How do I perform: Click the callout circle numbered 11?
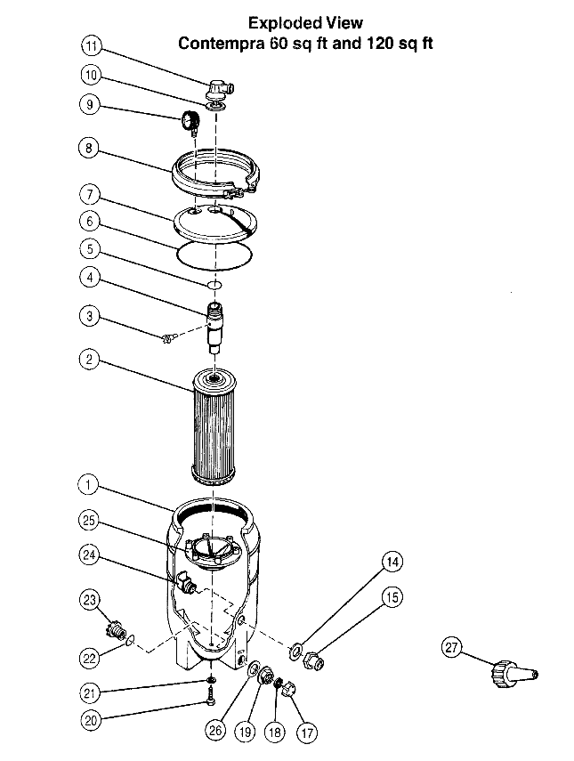pos(92,46)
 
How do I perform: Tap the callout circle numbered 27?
pos(452,648)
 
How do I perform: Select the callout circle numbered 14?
pos(392,562)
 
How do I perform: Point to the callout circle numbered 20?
pos(91,720)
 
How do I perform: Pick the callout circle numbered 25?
pos(88,521)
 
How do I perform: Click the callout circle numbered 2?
pos(89,360)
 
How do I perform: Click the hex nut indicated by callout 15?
pos(314,661)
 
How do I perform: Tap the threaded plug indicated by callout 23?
pos(115,630)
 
